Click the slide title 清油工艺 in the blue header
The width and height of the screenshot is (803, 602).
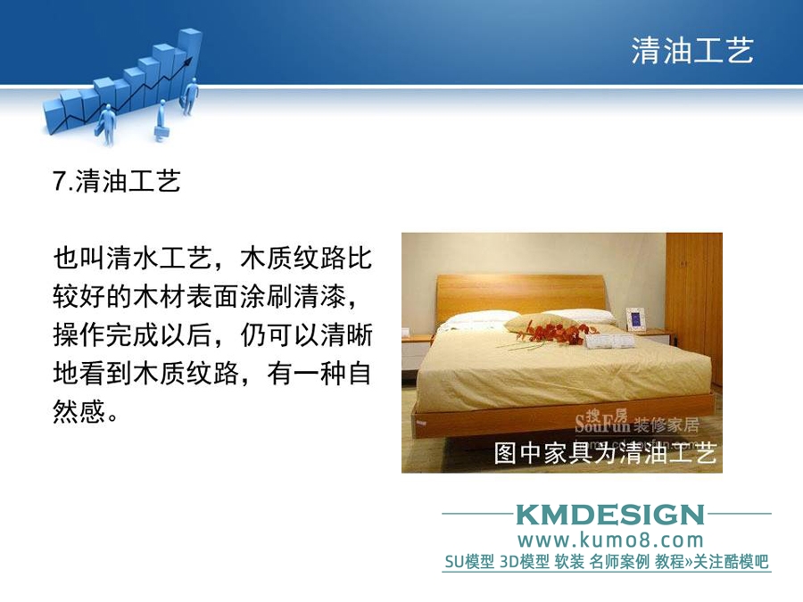(691, 51)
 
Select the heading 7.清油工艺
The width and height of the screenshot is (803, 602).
(117, 181)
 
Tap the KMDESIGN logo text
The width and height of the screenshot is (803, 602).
(610, 515)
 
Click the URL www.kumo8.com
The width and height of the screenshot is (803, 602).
(610, 540)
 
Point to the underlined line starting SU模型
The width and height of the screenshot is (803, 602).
(607, 562)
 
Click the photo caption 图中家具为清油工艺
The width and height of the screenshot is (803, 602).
(605, 453)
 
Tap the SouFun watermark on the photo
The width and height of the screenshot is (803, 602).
(636, 422)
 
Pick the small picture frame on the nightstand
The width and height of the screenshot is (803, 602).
(636, 318)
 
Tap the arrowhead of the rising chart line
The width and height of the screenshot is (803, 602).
(189, 62)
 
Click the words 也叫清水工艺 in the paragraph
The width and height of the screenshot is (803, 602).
(132, 258)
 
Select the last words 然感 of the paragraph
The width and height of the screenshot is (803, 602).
(79, 411)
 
